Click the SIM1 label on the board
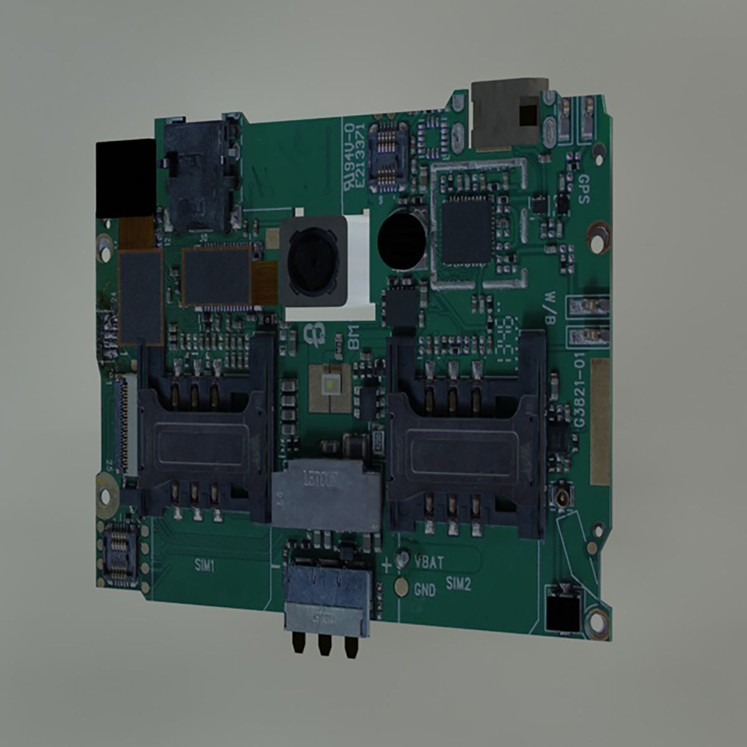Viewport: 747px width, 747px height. coord(204,565)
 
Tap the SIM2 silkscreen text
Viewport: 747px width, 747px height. coord(458,583)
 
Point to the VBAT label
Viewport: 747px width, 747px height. coord(429,563)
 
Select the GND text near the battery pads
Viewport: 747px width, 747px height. coord(425,590)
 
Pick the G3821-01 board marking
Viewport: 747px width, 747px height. coord(580,398)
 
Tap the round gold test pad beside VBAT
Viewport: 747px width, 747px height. coord(403,557)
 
